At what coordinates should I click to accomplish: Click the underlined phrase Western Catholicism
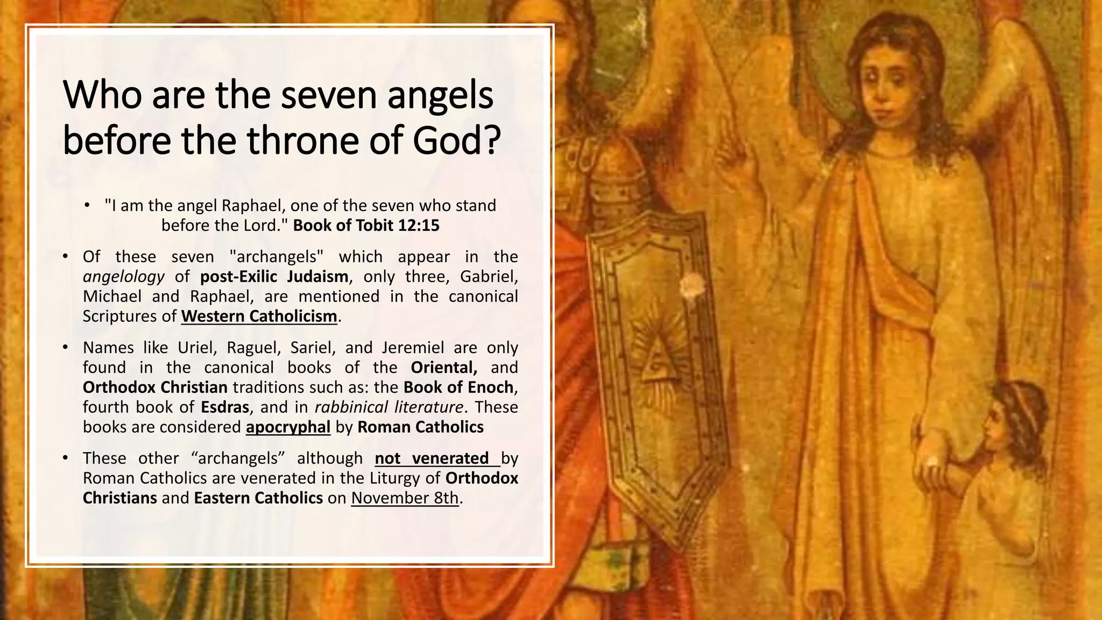259,316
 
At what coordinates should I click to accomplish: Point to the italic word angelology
124,277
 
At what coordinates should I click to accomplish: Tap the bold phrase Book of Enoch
458,387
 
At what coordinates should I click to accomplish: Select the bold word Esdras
225,407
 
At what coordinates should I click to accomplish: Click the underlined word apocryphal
288,427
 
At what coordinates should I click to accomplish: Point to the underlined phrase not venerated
432,458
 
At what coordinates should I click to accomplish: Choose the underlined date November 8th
405,498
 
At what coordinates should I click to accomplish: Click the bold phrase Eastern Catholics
258,498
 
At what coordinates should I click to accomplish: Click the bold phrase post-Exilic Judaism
274,277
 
